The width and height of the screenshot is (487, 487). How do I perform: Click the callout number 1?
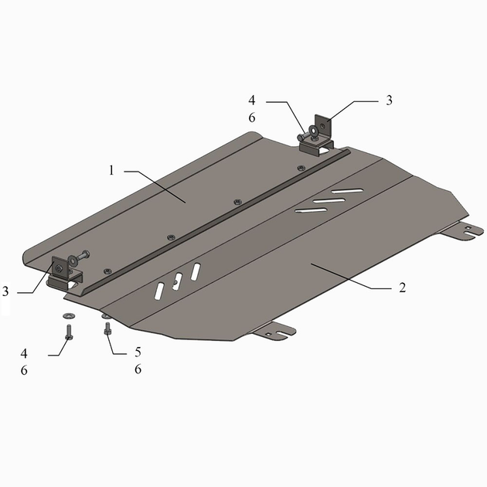click(x=111, y=170)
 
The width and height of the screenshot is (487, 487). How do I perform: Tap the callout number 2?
click(x=402, y=288)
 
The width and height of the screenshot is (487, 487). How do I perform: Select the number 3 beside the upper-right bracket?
click(x=389, y=100)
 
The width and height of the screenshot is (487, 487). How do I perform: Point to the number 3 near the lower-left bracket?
click(x=5, y=291)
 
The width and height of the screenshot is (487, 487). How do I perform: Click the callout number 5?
click(x=138, y=352)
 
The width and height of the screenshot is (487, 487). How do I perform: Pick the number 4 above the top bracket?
click(x=251, y=100)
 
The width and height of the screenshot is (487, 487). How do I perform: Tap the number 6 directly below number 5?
click(x=138, y=369)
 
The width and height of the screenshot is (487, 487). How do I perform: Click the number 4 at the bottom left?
click(x=24, y=353)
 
